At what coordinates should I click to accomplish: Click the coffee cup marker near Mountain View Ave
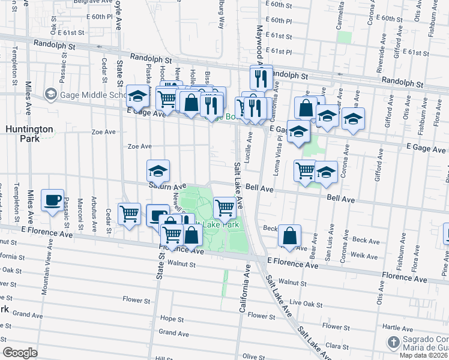(52, 200)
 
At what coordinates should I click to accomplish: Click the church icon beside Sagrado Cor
(392, 342)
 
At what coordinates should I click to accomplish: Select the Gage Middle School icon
(50, 95)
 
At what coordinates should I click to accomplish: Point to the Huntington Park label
(29, 133)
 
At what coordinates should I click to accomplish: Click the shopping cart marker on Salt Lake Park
(224, 208)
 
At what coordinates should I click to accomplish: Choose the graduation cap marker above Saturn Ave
(157, 171)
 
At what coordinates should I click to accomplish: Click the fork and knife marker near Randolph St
(261, 76)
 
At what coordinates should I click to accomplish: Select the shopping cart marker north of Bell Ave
(306, 170)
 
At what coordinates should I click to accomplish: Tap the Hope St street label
(171, 319)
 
